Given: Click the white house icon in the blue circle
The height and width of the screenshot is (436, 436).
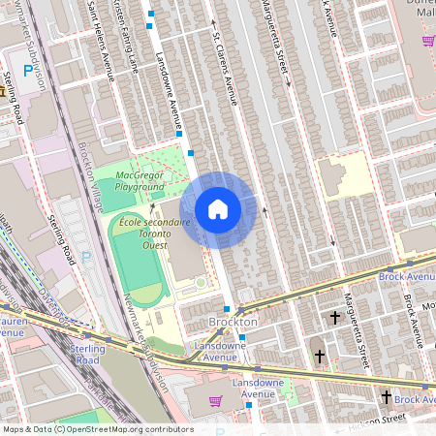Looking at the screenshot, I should pos(218,209).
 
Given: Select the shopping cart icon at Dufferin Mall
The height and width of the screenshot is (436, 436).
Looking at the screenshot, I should pos(427,41).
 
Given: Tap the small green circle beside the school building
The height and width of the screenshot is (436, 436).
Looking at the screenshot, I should pos(201,282).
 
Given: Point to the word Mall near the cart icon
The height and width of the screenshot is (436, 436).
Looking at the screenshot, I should pos(424,25).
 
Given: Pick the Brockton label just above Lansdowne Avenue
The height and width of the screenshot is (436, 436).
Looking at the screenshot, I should pos(234,321).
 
